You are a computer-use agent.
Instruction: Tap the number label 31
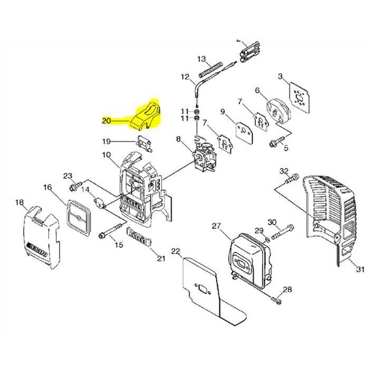(358, 270)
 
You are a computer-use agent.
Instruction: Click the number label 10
(105, 155)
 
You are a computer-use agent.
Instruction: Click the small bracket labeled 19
(145, 143)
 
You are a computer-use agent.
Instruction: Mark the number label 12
(184, 76)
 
